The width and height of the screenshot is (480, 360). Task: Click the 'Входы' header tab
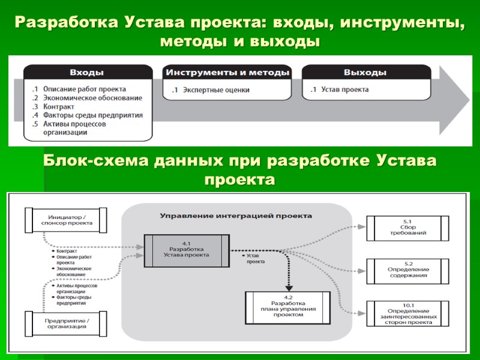tap(87, 72)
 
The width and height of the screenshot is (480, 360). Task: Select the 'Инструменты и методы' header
tap(227, 72)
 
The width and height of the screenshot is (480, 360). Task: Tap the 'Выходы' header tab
tap(365, 72)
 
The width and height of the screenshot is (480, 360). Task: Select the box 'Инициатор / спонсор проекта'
tap(66, 219)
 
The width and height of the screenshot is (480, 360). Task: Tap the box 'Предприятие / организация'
tap(66, 323)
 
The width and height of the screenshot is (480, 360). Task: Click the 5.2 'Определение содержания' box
tap(407, 271)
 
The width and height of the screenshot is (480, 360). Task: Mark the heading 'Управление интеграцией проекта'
tap(236, 215)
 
